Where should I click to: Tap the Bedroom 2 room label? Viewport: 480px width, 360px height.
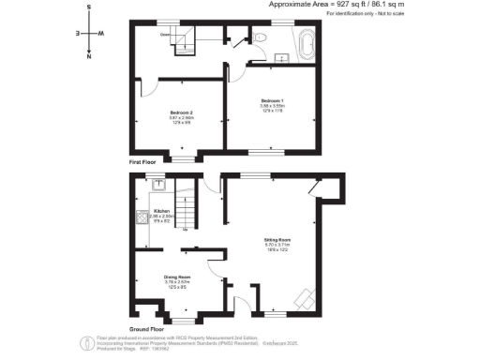point(181,112)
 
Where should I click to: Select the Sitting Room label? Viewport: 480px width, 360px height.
point(277,240)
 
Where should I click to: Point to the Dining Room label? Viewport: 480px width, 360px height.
point(177,277)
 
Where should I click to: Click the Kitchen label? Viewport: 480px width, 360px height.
point(161,211)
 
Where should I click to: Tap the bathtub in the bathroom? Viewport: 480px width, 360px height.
point(306,43)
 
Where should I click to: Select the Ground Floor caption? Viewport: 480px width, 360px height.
point(148,330)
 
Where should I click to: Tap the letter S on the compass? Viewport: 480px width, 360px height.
point(88,7)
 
